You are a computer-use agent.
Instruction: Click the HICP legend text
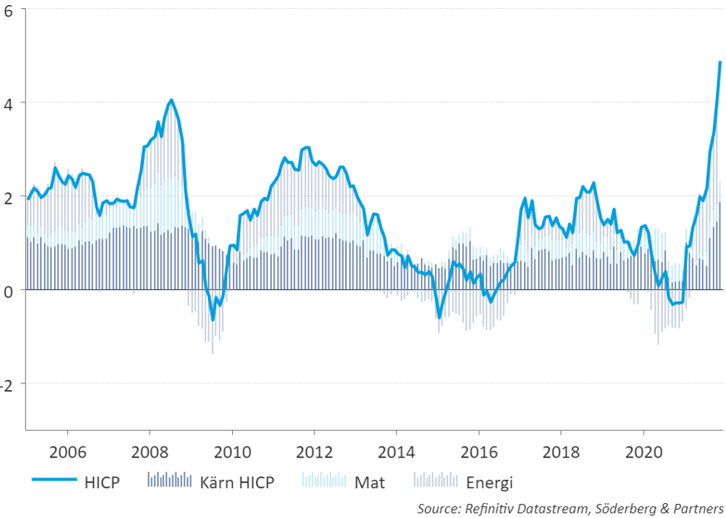pos(102,481)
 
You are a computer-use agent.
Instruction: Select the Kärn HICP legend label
pos(236,481)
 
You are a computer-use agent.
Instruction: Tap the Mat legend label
pos(369,481)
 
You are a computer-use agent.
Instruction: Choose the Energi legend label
pos(490,481)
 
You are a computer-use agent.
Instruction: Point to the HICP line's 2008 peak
pos(171,101)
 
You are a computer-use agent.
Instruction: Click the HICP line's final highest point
pos(720,62)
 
